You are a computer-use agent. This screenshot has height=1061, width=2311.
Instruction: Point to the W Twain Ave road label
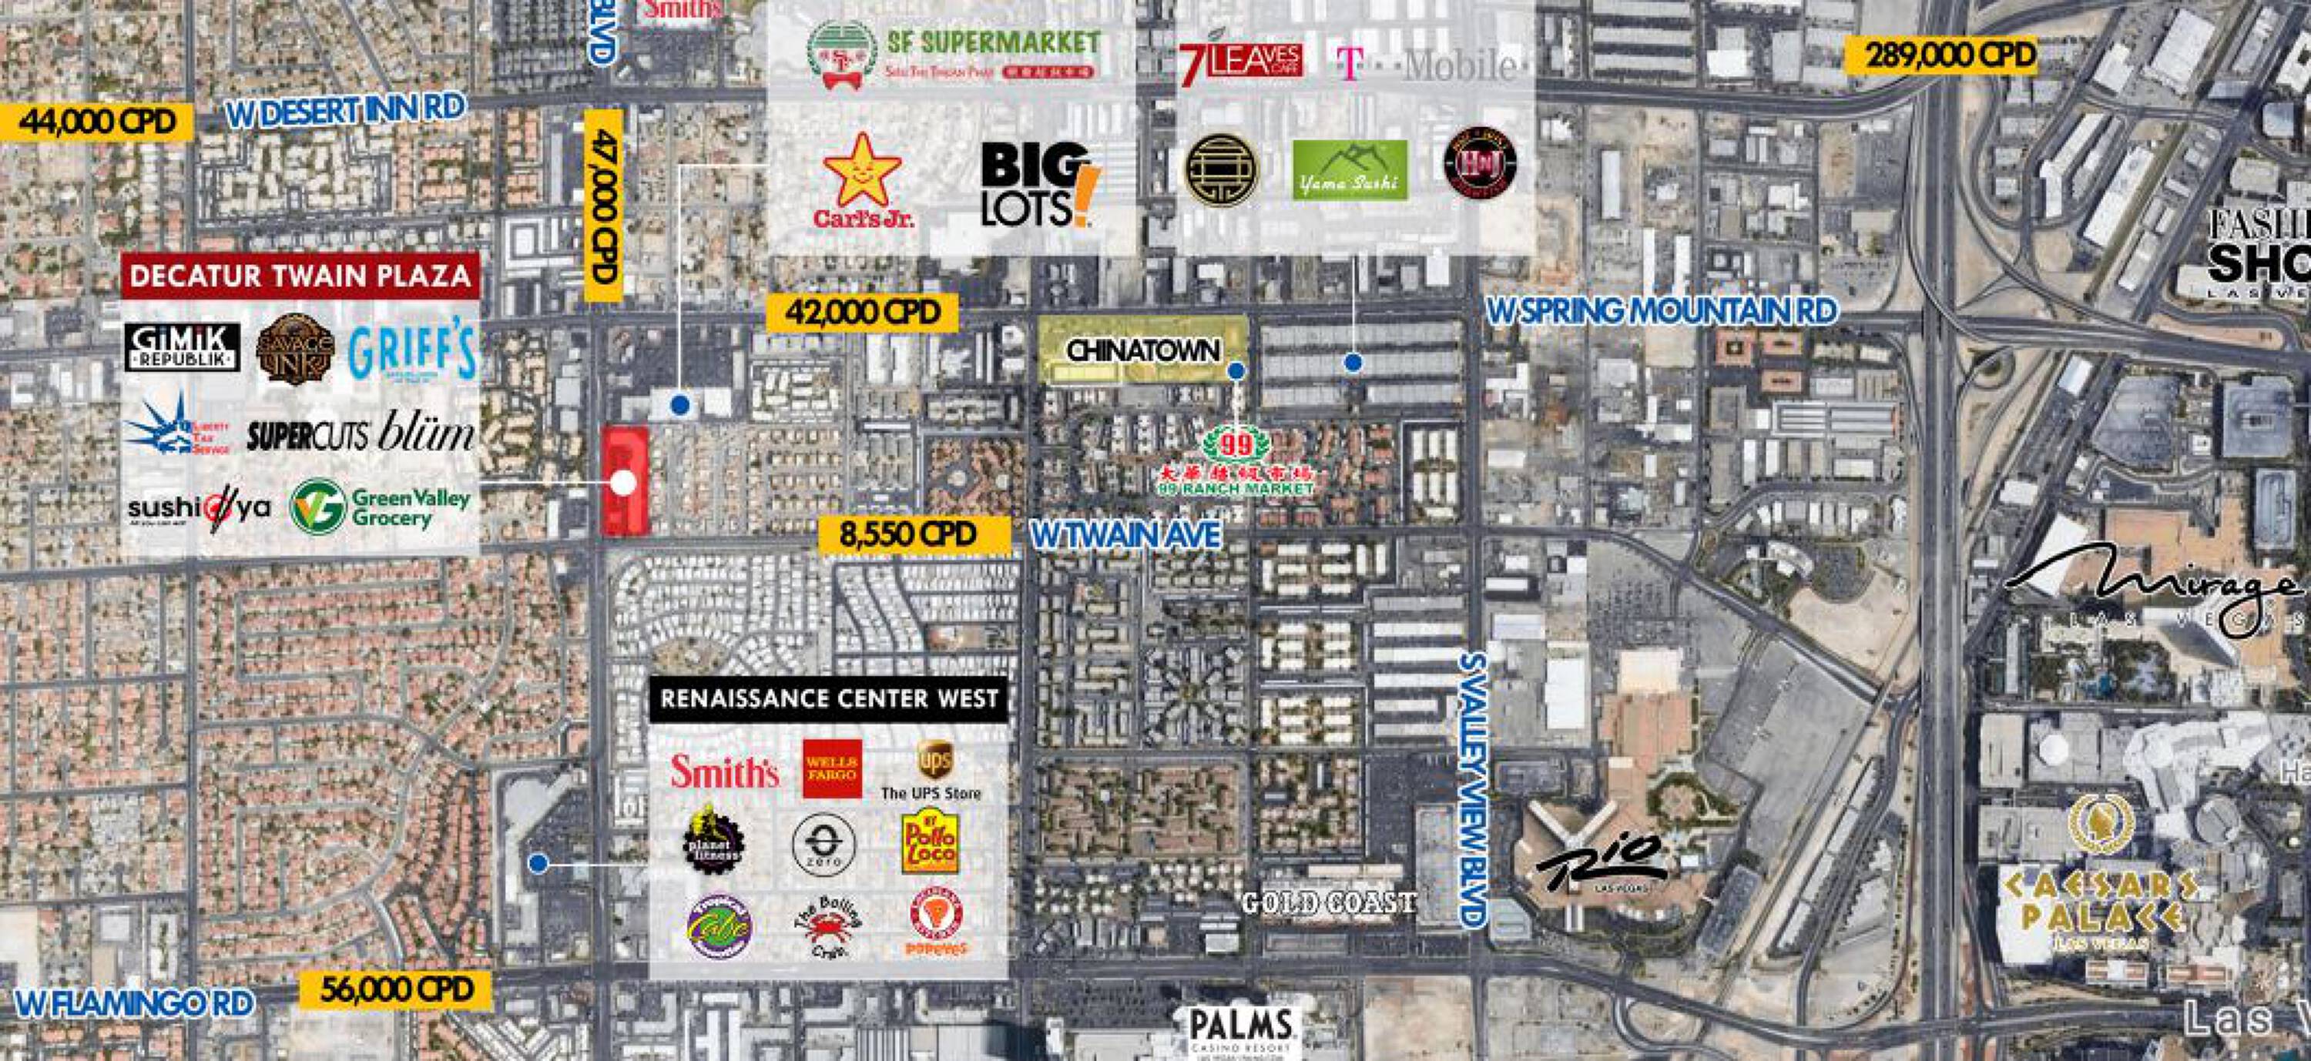[x=1126, y=535]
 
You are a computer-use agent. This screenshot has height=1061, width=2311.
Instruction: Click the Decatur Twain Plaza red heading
[x=300, y=276]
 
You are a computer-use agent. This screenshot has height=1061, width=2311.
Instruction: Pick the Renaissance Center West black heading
[x=829, y=698]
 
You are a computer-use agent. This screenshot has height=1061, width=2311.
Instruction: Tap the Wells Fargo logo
[x=833, y=768]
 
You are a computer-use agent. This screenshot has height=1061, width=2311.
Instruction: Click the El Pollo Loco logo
[x=930, y=844]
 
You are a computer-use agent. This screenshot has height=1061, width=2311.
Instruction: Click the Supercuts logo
[x=307, y=437]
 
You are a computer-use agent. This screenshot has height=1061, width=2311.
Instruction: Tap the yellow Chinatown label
[x=1143, y=350]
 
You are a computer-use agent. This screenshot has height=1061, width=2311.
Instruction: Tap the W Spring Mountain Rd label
[x=1662, y=310]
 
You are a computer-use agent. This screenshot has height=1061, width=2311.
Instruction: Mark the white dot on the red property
[x=622, y=484]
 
